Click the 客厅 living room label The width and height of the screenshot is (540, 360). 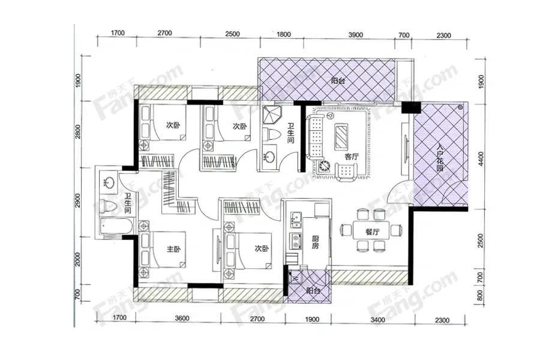point(351,157)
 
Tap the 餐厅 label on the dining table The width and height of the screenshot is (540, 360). point(372,232)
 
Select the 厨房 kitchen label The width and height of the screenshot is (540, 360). point(316,242)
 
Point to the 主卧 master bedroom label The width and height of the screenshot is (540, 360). point(173,249)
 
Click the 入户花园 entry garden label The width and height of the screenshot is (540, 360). point(439,157)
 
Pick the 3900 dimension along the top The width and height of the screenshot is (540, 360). point(355,35)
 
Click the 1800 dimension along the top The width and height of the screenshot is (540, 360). point(283,34)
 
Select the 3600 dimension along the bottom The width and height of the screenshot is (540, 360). point(182,318)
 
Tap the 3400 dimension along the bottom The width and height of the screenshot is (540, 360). point(378,320)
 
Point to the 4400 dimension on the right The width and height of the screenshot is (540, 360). point(481,158)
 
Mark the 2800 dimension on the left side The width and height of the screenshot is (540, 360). point(78,132)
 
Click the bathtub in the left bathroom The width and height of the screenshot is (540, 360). point(115,226)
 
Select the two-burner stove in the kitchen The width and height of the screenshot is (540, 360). point(295,241)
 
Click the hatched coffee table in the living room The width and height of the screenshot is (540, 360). point(341,136)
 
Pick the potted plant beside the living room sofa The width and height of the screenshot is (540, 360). point(324,167)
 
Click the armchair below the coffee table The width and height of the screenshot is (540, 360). point(346,172)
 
